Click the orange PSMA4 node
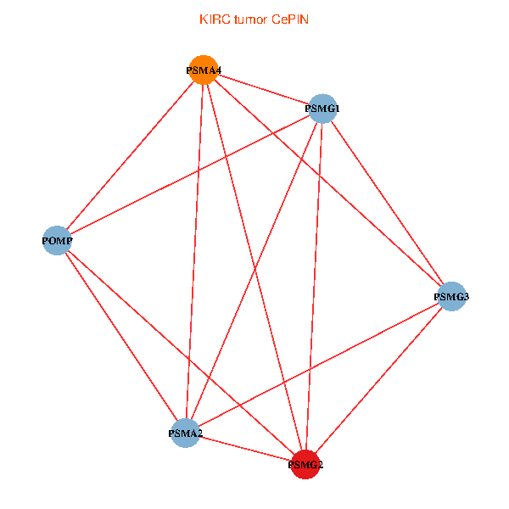pos(204,70)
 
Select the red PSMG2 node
pos(305,464)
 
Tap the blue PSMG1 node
pos(322,109)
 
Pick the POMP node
pos(57,241)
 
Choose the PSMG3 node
pos(452,296)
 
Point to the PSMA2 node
pos(185,433)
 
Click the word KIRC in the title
pos(213,19)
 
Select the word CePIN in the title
pos(290,19)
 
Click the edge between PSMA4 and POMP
pos(130,155)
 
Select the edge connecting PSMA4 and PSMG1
pos(263,89)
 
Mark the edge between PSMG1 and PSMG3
pos(387,202)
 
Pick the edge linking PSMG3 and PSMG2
pos(378,380)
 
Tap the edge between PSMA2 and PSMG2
pos(245,449)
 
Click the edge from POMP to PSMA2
pos(120,337)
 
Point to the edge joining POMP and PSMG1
pos(189,175)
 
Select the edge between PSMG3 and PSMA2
pos(318,365)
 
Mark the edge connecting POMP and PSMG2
pos(181,352)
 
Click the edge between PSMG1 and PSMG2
pos(314,286)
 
